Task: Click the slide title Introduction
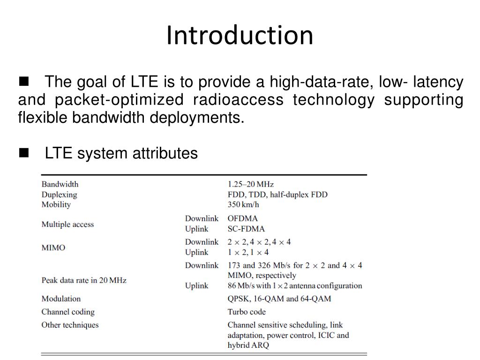240,36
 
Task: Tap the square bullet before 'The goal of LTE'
23,82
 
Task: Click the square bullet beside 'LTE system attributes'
23,152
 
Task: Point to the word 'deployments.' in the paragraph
197,118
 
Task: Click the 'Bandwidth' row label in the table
60,184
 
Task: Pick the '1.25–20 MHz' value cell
250,184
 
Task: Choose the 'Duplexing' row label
59,195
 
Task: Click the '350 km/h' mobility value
243,204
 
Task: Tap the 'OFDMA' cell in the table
242,218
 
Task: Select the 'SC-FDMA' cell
246,229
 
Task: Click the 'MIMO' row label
53,247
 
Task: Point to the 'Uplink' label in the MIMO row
196,252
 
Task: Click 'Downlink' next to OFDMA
202,218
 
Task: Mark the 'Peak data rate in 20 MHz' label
84,280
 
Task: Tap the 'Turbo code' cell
247,312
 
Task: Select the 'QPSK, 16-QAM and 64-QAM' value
279,299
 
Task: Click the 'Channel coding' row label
67,312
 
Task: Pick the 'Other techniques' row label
70,325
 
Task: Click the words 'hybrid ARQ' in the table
248,345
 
